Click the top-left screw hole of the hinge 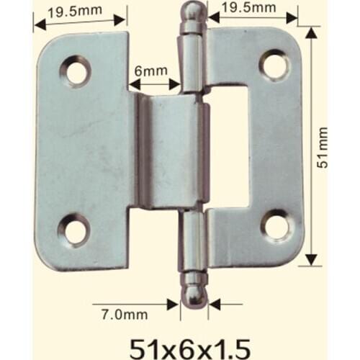coord(76,71)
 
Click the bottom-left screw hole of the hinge coord(74,230)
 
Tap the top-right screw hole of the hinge coord(274,65)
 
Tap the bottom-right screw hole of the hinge coord(276,225)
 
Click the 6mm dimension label coord(150,71)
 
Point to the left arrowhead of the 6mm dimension coord(132,85)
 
